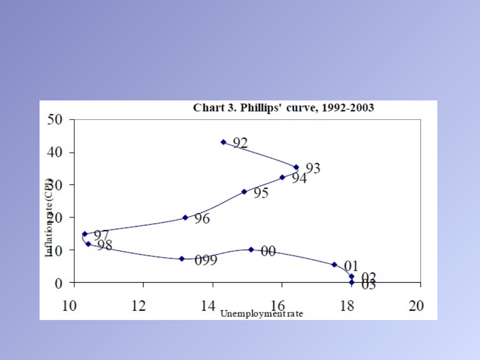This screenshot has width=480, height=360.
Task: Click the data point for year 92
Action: pyautogui.click(x=224, y=142)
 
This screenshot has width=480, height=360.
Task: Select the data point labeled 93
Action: pyautogui.click(x=296, y=167)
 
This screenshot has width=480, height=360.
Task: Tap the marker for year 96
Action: pyautogui.click(x=185, y=218)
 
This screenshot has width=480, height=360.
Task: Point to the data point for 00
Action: pyautogui.click(x=251, y=250)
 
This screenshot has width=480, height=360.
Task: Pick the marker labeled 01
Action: pyautogui.click(x=335, y=264)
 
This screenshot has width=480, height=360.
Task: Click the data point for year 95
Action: pyautogui.click(x=244, y=192)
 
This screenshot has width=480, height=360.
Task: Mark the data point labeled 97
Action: pyautogui.click(x=85, y=234)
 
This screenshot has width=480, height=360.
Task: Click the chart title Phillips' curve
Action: pyautogui.click(x=284, y=108)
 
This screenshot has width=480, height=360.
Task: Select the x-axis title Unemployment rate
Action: pyautogui.click(x=262, y=314)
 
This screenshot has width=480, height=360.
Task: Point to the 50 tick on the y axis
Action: pyautogui.click(x=56, y=120)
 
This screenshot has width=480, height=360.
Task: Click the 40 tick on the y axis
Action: pyautogui.click(x=56, y=152)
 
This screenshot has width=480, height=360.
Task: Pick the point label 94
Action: pyautogui.click(x=299, y=178)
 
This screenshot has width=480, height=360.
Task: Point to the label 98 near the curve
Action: pyautogui.click(x=105, y=245)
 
